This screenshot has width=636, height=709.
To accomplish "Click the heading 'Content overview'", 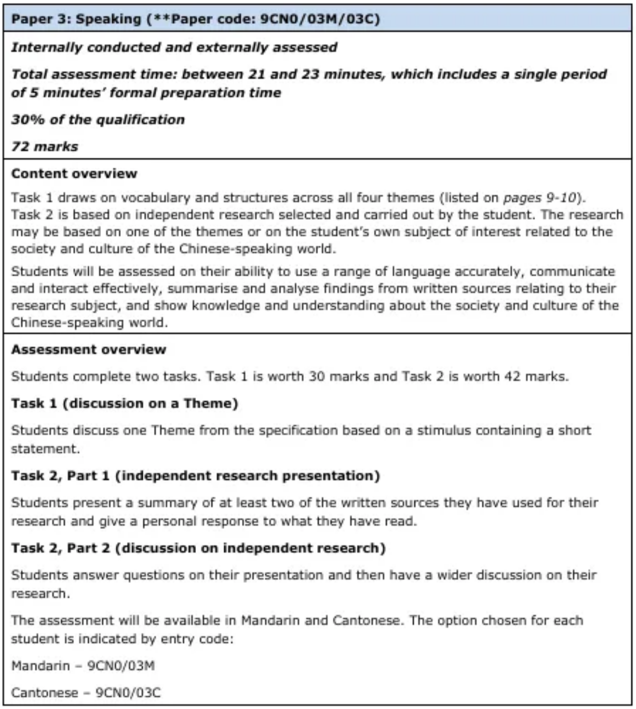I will tap(74, 174).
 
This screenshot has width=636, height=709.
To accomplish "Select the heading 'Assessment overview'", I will tap(89, 350).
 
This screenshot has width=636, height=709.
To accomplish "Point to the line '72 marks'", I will tap(45, 147).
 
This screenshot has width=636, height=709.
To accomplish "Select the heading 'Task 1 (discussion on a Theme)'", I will tap(124, 404).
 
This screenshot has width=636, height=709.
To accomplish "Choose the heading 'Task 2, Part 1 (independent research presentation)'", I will tap(196, 476).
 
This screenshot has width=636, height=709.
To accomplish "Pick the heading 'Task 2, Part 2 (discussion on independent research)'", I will tap(198, 548).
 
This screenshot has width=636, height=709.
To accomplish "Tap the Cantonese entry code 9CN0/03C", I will tap(128, 693).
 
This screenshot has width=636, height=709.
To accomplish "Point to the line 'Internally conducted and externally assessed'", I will tap(174, 48).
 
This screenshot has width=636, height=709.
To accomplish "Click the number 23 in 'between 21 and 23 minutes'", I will tap(308, 74).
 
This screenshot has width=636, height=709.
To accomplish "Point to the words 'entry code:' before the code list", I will tap(196, 639).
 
